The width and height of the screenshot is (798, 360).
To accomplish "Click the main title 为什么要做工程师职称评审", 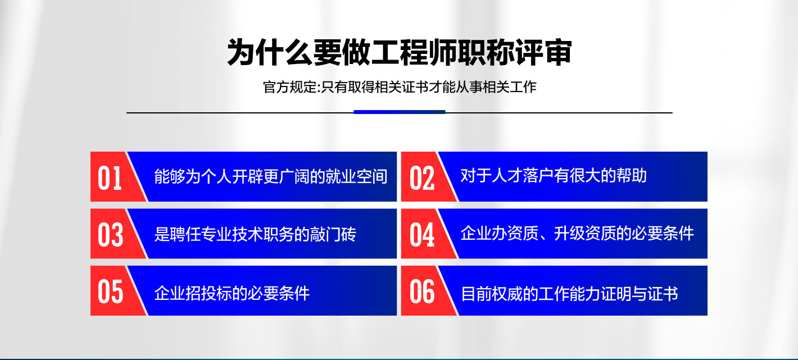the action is click(x=400, y=53).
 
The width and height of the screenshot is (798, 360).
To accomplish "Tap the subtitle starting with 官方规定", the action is click(x=400, y=87).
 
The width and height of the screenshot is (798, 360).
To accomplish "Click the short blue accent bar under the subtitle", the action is click(x=400, y=112).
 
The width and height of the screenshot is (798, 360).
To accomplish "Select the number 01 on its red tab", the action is click(x=110, y=178).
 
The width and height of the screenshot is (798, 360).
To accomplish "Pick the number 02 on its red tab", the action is click(x=422, y=178).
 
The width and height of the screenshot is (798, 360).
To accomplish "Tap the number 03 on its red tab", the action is click(x=111, y=235).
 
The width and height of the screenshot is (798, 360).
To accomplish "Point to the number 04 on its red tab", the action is click(x=422, y=235).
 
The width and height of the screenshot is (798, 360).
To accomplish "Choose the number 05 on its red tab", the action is click(x=111, y=292).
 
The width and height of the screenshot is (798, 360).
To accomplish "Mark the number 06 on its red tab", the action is click(x=422, y=292).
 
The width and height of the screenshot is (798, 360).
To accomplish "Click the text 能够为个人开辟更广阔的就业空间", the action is click(x=271, y=176).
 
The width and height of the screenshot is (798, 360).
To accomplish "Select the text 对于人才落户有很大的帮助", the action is click(x=554, y=176).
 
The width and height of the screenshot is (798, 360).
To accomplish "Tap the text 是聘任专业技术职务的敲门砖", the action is click(x=255, y=234).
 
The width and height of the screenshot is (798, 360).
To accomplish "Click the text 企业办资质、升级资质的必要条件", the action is click(x=577, y=234).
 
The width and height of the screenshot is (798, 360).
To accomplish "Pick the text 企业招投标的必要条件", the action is click(x=232, y=293).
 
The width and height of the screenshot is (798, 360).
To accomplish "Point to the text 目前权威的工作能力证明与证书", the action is click(x=569, y=294).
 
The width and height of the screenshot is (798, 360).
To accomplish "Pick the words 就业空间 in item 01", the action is click(x=357, y=176).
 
